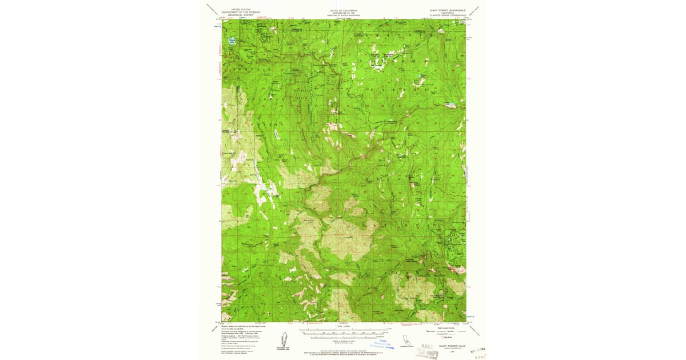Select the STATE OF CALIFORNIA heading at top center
343,10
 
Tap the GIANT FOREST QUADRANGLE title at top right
448,10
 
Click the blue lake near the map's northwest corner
232,40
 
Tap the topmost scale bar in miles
343,330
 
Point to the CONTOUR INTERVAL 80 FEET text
343,341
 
